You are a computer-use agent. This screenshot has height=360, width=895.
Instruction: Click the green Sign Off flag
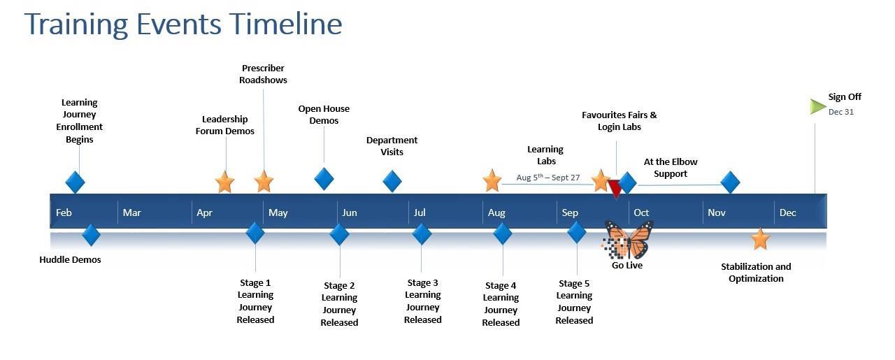pos(818,106)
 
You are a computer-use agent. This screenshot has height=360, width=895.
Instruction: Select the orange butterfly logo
pos(629,240)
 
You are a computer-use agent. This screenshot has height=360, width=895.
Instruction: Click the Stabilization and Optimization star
pos(760,239)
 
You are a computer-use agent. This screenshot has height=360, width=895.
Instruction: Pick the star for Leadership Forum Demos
pos(224,182)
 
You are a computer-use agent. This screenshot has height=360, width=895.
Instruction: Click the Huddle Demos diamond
pos(91,235)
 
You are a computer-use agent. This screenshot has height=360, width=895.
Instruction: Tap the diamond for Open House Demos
pos(324,178)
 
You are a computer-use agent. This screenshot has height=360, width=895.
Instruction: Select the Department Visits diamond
pos(392,181)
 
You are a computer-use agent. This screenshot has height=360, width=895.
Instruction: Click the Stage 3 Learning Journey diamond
pos(422,233)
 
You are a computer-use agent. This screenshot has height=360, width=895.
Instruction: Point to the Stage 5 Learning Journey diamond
pos(576,232)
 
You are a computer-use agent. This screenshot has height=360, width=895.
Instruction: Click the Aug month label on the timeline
pos(496,213)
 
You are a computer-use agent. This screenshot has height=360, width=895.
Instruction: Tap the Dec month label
pos(787,213)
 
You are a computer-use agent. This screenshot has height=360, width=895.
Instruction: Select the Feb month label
pos(64,213)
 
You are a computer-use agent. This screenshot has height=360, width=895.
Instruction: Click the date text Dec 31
pos(841,112)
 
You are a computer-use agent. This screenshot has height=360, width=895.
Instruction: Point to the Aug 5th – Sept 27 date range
pos(548,178)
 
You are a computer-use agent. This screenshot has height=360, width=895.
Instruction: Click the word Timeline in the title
pos(287,24)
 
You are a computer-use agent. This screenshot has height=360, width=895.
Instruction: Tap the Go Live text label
pos(627,266)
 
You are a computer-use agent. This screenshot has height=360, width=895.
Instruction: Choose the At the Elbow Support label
pos(671,168)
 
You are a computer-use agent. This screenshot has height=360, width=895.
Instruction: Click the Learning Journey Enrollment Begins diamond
pos(75,182)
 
